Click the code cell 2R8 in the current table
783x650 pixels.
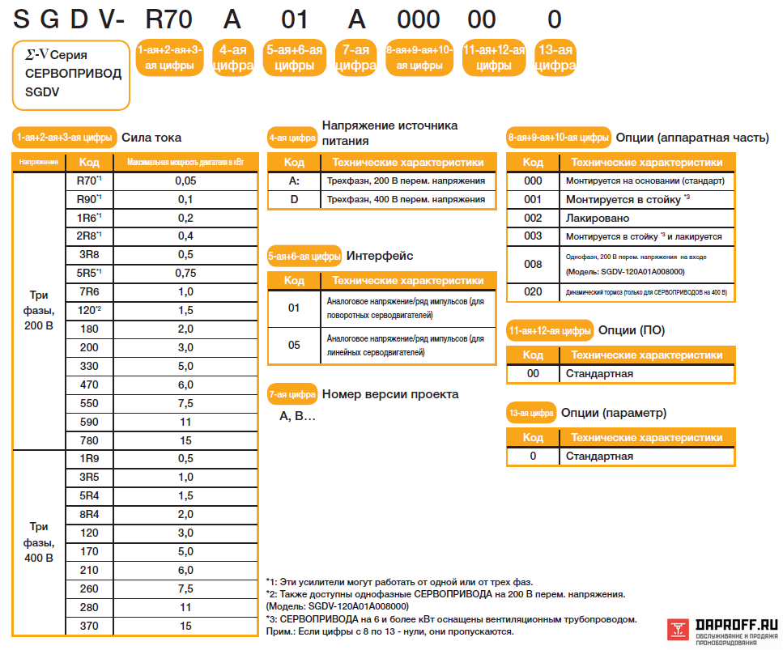(x=89, y=236)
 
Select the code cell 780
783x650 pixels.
(x=89, y=440)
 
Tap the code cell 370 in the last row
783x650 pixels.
(x=89, y=626)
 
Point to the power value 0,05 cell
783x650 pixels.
(x=185, y=181)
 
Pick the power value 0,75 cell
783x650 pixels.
(x=185, y=273)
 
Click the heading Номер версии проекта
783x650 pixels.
(x=390, y=394)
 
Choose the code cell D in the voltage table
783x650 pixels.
(x=294, y=199)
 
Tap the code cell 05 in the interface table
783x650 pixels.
(x=294, y=345)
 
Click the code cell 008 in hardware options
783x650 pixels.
(x=533, y=264)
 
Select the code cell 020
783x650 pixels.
(x=533, y=291)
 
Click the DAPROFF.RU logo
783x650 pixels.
(x=723, y=630)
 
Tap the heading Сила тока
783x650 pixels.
(x=151, y=138)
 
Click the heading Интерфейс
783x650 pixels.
(x=380, y=256)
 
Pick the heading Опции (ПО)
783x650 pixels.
(x=631, y=330)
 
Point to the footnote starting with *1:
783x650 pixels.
(x=399, y=582)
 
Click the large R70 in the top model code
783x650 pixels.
(x=171, y=19)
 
